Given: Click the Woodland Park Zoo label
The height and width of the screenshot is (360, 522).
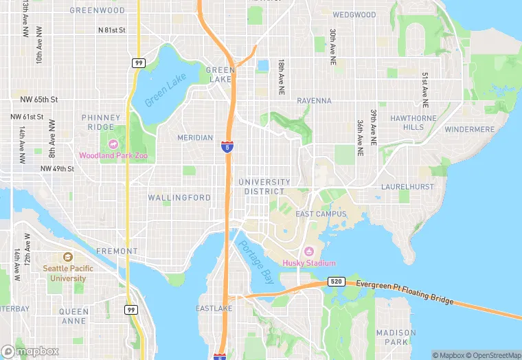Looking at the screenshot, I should pyautogui.click(x=113, y=156).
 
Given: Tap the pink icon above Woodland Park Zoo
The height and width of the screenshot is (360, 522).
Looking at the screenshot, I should pyautogui.click(x=113, y=144).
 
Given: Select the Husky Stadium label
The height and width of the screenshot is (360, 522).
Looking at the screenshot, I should pyautogui.click(x=309, y=263).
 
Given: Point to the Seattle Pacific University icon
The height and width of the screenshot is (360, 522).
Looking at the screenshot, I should pyautogui.click(x=68, y=256).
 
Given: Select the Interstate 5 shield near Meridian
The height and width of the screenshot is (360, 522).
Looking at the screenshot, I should pyautogui.click(x=227, y=147).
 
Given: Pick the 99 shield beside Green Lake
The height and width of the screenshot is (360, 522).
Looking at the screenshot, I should pyautogui.click(x=138, y=63).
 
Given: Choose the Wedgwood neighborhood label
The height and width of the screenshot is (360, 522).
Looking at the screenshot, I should pyautogui.click(x=354, y=14).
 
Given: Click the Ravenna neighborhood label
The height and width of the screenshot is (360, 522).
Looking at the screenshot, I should pyautogui.click(x=314, y=100).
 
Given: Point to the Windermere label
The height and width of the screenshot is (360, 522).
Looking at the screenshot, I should pyautogui.click(x=469, y=129).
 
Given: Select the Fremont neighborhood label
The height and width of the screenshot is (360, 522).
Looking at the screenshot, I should pyautogui.click(x=117, y=251).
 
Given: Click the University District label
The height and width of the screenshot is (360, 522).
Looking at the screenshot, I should pyautogui.click(x=264, y=186).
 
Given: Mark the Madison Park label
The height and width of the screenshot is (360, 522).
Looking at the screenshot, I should pyautogui.click(x=396, y=337).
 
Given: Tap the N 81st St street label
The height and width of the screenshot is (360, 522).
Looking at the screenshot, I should pyautogui.click(x=112, y=30).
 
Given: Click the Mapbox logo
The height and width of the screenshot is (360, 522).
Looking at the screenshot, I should pyautogui.click(x=30, y=351).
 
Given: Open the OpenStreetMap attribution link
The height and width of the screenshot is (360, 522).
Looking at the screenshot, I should pyautogui.click(x=493, y=355).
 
